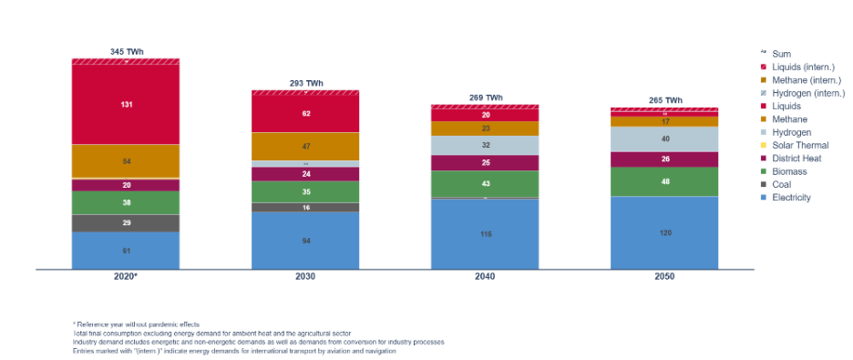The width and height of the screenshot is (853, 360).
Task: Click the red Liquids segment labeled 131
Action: [126, 105]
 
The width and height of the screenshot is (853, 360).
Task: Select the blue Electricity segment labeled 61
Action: [126, 250]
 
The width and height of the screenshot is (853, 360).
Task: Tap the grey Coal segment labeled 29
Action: [126, 223]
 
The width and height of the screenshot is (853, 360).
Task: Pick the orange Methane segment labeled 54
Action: [126, 160]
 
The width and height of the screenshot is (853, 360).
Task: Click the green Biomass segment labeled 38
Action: [126, 203]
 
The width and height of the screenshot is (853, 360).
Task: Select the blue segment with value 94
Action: [305, 241]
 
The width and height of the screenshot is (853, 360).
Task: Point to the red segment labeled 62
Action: [305, 114]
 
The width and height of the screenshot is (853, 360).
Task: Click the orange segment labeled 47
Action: [305, 146]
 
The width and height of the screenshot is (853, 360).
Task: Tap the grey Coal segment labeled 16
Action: [305, 208]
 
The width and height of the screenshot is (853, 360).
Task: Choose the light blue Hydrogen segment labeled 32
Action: [485, 145]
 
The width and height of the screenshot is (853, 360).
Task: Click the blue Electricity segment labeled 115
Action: [485, 234]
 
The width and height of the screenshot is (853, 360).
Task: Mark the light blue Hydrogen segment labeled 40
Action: [664, 139]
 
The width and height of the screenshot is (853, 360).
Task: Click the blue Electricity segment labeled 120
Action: [664, 232]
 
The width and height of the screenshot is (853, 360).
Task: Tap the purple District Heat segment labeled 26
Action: [664, 159]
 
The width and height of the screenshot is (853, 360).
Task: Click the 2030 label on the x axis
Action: [305, 276]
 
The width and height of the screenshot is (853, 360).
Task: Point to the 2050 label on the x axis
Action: [664, 276]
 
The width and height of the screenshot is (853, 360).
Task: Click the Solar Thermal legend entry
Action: [795, 145]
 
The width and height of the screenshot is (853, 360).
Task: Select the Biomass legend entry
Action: [789, 170]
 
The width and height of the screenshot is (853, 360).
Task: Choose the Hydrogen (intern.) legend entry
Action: [807, 93]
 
